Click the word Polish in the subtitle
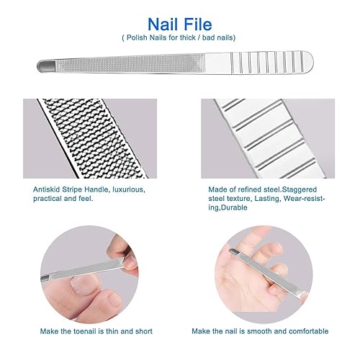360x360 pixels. pos(140,37)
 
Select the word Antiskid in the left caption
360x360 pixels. pos(47,189)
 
